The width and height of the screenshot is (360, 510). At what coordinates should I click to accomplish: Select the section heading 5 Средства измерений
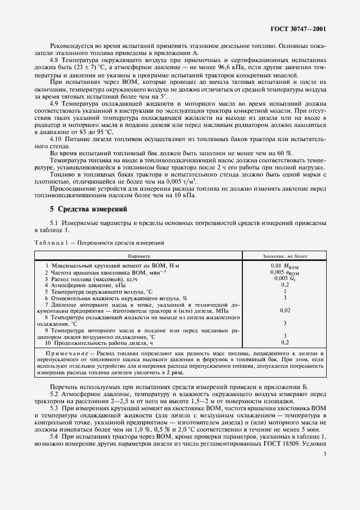[x=88, y=209]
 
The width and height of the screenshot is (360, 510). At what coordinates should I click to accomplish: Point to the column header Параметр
[x=139, y=254]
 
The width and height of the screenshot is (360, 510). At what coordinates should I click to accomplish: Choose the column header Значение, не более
[x=284, y=254]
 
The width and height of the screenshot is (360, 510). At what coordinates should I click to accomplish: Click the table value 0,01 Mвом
[x=284, y=265]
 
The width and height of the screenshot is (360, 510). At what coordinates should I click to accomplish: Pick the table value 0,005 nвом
[x=284, y=271]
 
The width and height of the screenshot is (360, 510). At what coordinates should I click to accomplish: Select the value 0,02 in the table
[x=284, y=310]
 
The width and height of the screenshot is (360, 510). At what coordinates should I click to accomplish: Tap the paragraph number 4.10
[x=57, y=139]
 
